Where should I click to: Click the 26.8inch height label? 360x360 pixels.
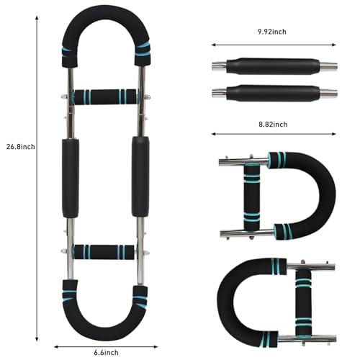pos(21,147)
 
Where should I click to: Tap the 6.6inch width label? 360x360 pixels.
pos(106,353)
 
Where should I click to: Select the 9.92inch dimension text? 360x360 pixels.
pos(272,32)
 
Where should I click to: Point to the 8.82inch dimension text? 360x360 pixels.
pos(273,125)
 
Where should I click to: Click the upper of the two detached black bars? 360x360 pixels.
pos(274,66)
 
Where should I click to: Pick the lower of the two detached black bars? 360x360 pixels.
pos(274,93)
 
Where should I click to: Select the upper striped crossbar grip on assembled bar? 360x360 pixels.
pos(104,96)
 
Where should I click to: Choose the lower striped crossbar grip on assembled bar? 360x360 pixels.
pos(104,252)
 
